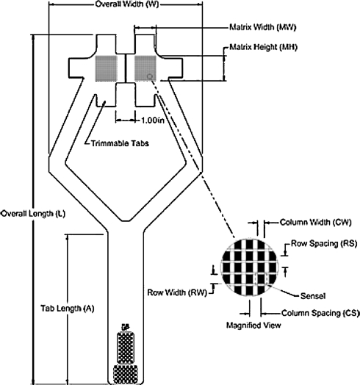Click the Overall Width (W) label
coord(127,4)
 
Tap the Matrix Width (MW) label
coord(262,27)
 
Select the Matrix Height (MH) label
coord(263,46)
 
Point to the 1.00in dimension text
coord(153,120)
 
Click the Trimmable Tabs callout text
coord(120,143)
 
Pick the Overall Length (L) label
coord(33,213)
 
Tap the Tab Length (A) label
coord(68,308)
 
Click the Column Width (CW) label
coord(316,222)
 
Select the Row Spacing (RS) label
coord(324,244)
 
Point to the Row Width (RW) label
coord(177,292)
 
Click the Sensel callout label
coord(313,296)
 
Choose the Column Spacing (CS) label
coord(320,313)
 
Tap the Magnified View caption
coord(253,325)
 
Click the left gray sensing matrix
coord(106,68)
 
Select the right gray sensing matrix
coord(145,68)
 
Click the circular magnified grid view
coord(250,267)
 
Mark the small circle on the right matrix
coord(150,76)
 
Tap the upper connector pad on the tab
coord(126,348)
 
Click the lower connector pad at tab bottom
coord(126,375)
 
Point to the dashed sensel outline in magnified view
coord(261,278)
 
